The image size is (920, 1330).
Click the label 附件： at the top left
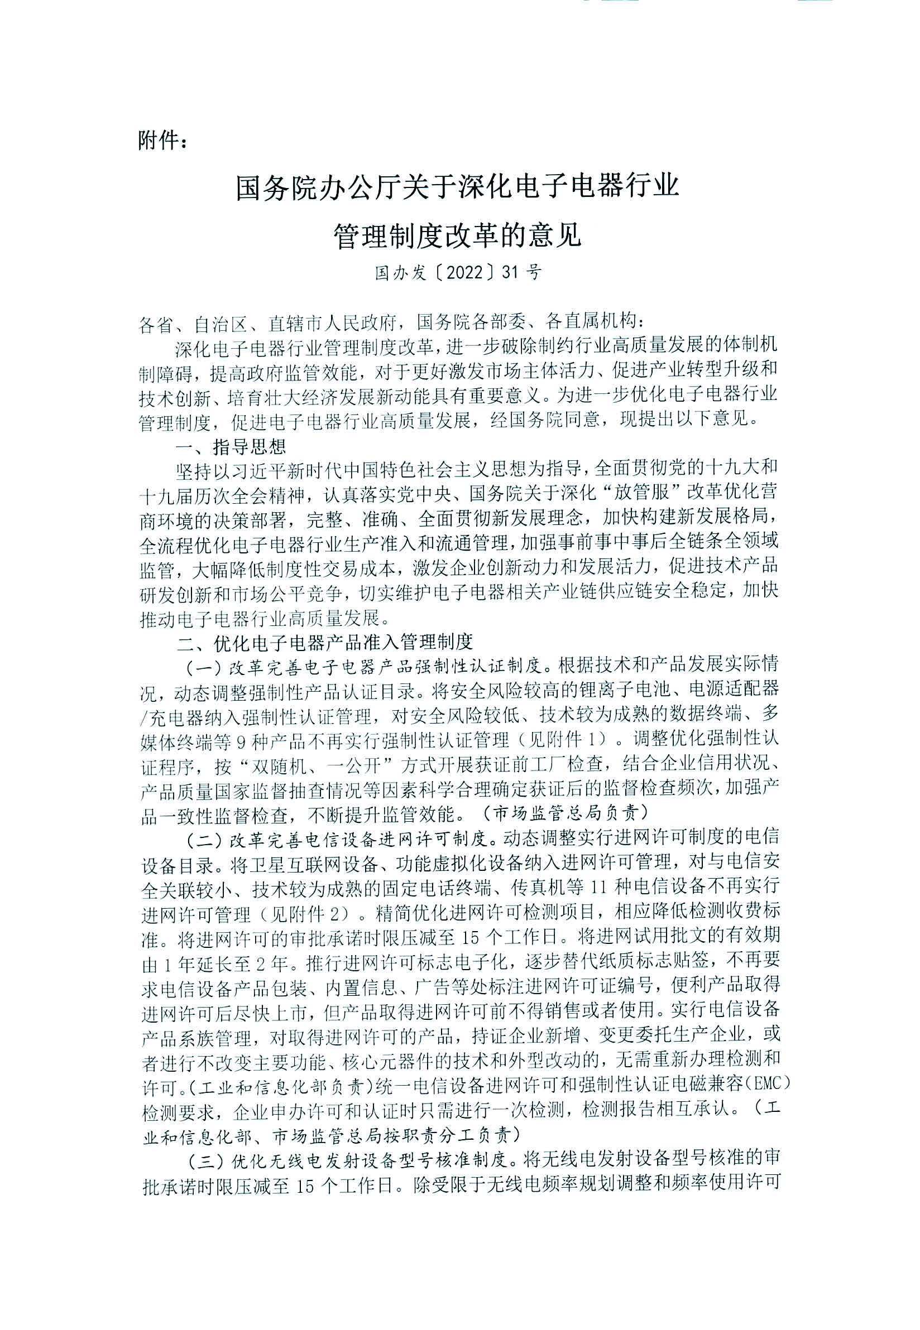click(162, 139)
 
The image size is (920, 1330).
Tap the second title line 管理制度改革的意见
click(458, 235)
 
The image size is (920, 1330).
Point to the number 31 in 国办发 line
click(510, 272)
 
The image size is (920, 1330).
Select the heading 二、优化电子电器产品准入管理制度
click(324, 642)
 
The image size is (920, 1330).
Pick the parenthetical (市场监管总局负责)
click(566, 813)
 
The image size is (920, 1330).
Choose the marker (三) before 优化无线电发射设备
click(205, 1158)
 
